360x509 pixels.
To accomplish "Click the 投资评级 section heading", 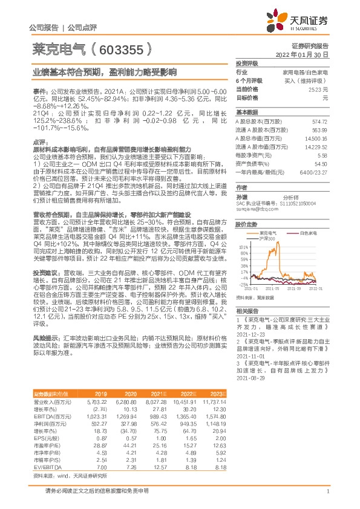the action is coord(247,63).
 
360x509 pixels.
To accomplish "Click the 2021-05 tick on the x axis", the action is coord(273,290).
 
